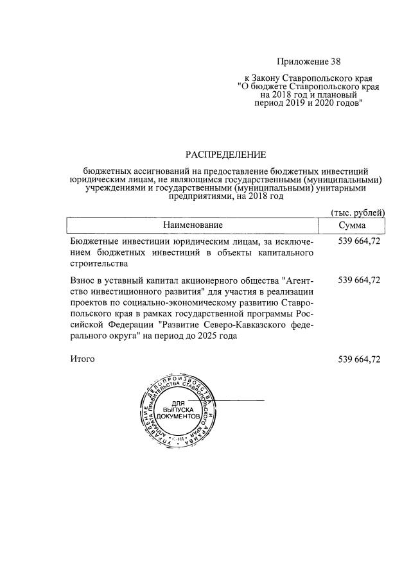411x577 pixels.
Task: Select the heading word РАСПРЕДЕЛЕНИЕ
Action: (x=225, y=155)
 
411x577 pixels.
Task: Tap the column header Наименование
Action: (x=193, y=225)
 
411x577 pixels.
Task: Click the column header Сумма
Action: (x=352, y=225)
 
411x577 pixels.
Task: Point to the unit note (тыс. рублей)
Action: (x=357, y=212)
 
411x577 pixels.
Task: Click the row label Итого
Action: (x=82, y=359)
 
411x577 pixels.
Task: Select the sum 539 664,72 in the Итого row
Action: (x=359, y=359)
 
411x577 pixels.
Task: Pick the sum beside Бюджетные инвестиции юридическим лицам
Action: (x=359, y=241)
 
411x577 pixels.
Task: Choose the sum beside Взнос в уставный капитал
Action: (x=359, y=280)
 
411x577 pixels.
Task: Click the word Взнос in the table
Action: (x=85, y=280)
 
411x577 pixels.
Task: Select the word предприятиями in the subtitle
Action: (x=200, y=197)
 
